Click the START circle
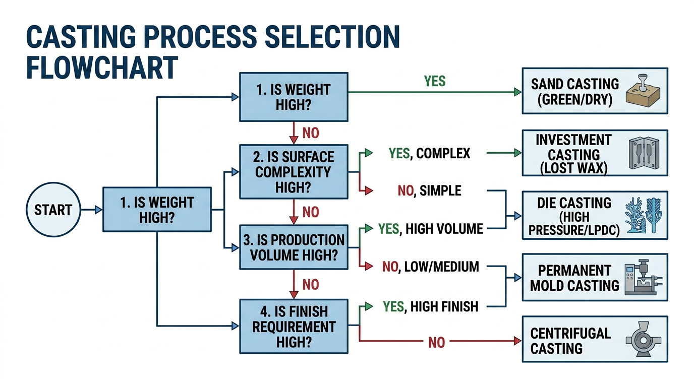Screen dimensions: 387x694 (x=53, y=210)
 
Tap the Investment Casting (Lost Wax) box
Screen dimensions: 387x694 (x=595, y=153)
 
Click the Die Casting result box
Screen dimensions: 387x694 (x=595, y=215)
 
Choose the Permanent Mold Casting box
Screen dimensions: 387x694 (x=595, y=278)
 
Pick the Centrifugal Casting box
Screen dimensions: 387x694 (x=595, y=339)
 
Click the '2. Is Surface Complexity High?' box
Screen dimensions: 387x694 (x=293, y=172)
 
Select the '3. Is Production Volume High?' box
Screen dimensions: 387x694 (x=293, y=247)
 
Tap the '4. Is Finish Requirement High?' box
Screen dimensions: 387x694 (x=293, y=327)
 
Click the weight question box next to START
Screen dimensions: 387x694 (x=157, y=210)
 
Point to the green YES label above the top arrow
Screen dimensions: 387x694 (x=435, y=81)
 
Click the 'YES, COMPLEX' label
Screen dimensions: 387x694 (x=429, y=153)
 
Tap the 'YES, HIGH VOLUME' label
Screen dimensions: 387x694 (x=431, y=229)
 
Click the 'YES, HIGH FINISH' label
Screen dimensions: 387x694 (x=430, y=306)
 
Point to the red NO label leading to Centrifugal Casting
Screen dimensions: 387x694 (x=436, y=343)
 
